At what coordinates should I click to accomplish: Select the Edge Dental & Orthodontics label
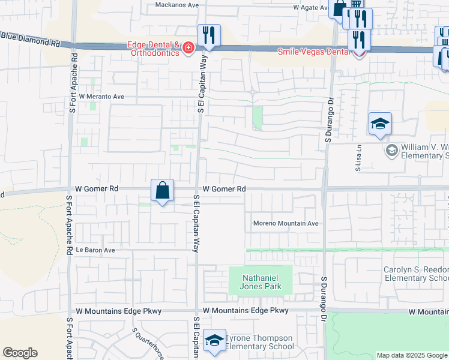click(152, 49)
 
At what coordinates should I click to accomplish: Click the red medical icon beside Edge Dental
click(188, 47)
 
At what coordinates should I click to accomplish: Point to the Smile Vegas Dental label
click(313, 52)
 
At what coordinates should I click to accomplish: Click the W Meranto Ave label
click(101, 96)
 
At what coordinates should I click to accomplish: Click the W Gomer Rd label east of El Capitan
click(224, 189)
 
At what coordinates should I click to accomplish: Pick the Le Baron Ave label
click(95, 250)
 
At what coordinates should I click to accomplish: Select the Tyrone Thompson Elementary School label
click(259, 342)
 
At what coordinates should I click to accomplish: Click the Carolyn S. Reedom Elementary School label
click(417, 274)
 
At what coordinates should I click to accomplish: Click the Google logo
click(20, 353)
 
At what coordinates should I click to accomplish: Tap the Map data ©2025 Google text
click(411, 355)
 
